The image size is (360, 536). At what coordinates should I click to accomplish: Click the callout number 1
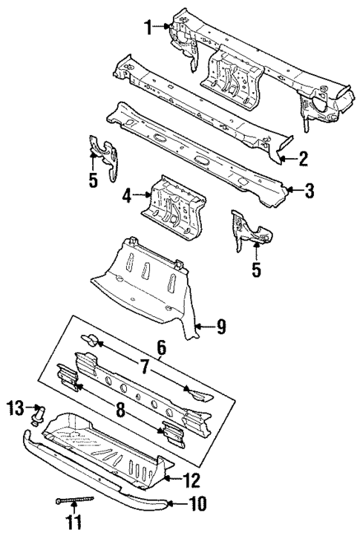click(x=147, y=27)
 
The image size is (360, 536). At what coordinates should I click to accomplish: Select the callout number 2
click(x=304, y=157)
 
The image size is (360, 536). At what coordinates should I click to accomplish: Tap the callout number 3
click(x=310, y=192)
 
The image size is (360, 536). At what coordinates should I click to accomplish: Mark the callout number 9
click(x=221, y=325)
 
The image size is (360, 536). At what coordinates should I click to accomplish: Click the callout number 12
click(x=192, y=479)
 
